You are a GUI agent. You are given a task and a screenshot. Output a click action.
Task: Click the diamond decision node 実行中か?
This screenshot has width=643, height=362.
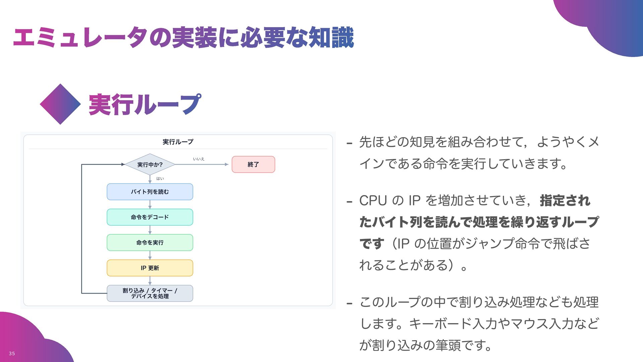[x=150, y=165]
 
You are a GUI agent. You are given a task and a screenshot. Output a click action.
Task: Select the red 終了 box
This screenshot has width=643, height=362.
[x=253, y=165]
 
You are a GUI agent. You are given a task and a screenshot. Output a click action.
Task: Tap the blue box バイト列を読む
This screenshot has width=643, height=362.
[x=150, y=192]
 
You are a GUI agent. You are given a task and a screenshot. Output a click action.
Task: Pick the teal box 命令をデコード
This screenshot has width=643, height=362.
[x=150, y=217]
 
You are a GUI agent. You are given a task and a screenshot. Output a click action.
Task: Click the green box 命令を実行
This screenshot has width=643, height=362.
[x=150, y=243]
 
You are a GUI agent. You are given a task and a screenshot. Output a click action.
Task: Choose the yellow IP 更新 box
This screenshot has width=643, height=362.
[x=150, y=268]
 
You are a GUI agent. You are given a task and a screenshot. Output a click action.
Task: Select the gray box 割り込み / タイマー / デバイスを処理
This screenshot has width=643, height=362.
[x=150, y=293]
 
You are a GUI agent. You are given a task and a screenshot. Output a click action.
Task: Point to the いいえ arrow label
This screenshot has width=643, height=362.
[x=199, y=159]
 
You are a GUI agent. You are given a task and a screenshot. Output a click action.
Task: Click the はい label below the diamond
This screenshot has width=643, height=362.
[x=160, y=179]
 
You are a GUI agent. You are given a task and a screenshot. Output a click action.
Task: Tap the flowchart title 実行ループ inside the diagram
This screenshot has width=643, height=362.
[x=178, y=142]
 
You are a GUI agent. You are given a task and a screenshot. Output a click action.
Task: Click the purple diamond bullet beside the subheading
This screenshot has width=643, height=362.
[x=60, y=104]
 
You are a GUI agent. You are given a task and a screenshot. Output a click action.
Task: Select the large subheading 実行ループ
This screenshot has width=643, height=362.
[x=145, y=105]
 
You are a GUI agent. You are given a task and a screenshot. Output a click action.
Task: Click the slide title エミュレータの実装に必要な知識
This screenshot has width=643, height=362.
[x=184, y=37]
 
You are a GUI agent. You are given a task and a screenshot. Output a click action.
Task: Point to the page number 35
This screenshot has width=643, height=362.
[x=12, y=353]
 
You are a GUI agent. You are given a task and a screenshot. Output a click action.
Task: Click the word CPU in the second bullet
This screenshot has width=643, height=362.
[x=373, y=201]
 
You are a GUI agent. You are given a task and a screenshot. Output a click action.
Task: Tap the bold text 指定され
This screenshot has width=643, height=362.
[x=565, y=201]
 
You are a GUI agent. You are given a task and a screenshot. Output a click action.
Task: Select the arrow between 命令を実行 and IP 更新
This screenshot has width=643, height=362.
[x=150, y=255]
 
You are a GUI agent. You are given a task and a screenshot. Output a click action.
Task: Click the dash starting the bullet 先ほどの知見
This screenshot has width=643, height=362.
[x=350, y=143]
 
